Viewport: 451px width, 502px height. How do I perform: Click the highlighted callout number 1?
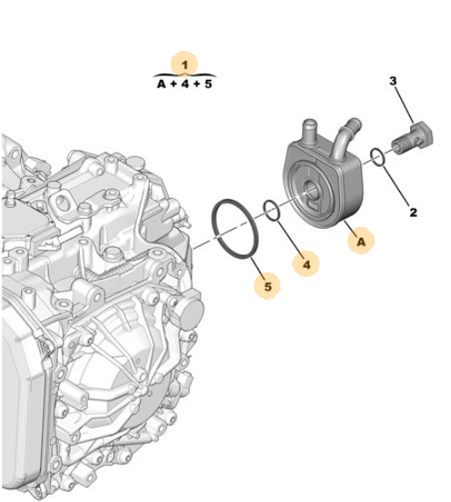point(185,65)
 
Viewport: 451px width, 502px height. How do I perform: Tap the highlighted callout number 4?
point(307,264)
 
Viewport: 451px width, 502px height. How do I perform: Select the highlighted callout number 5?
point(268,286)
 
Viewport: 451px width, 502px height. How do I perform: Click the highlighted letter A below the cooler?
point(361,241)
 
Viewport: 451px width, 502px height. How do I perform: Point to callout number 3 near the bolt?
point(393,81)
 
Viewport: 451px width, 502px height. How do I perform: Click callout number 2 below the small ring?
point(413,212)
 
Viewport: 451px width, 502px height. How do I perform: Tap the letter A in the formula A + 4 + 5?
point(162,84)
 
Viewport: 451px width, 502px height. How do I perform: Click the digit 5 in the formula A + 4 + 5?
point(209,84)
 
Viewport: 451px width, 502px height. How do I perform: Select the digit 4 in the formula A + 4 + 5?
point(185,84)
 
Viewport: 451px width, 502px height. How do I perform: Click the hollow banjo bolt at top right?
point(413,138)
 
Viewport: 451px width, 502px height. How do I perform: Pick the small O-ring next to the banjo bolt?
point(377,157)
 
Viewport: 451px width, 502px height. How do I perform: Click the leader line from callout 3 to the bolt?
point(404,105)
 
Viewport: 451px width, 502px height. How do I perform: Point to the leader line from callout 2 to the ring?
point(396,186)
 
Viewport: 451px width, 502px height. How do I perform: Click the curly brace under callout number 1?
point(185,75)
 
